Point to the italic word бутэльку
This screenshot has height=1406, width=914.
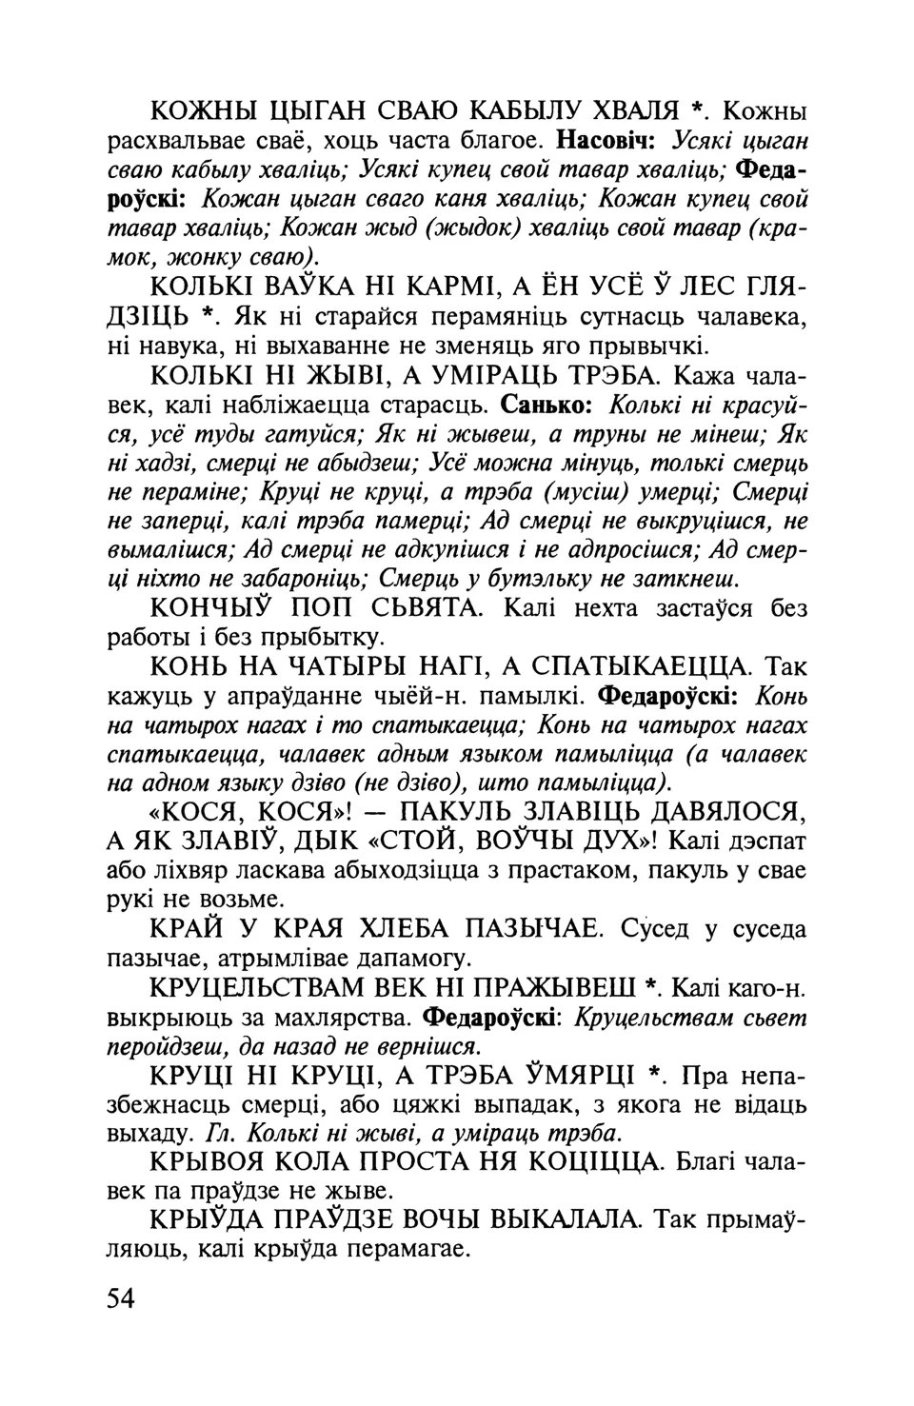547,578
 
